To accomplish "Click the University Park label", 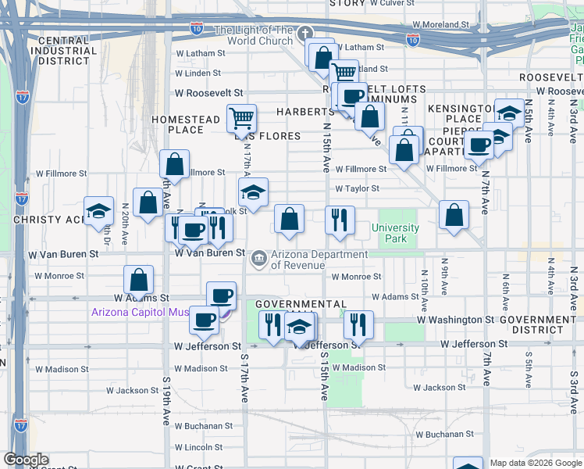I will point(398,233).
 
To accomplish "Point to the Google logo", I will point(26,460).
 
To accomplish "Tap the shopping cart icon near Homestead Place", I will point(242,119).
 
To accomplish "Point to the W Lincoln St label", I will point(198,447).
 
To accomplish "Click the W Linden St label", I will point(198,73).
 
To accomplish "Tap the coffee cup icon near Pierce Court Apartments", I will point(479,145).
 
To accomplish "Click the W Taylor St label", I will point(357,188).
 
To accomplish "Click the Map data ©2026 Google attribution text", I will point(536,463).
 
